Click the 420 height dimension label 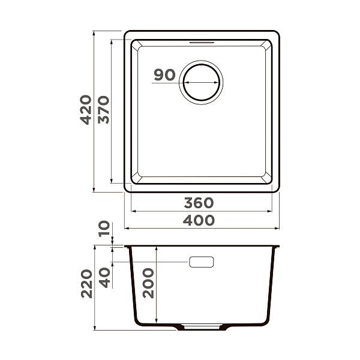(86, 109)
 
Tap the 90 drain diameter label (164, 75)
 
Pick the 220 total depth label (86, 283)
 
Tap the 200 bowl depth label (148, 283)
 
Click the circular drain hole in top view (202, 82)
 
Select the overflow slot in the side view (202, 262)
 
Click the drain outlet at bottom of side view (202, 328)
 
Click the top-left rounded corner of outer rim (128, 34)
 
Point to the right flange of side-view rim (277, 247)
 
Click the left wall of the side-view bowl (132, 288)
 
